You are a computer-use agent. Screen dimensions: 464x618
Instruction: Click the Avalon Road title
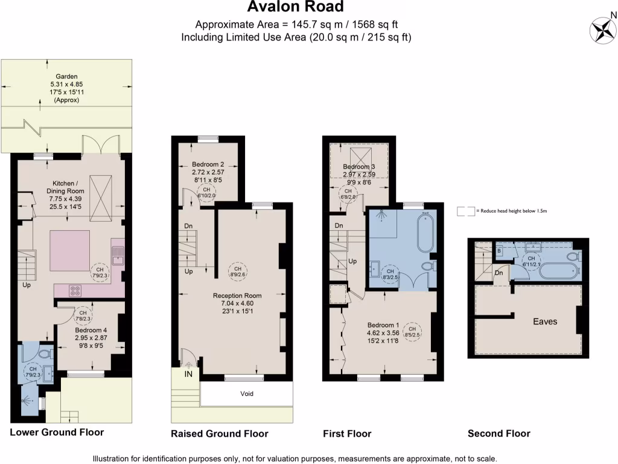(x=296, y=7)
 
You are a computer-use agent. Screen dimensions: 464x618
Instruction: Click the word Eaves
(x=545, y=321)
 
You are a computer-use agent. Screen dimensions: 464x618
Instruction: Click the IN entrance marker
(x=188, y=375)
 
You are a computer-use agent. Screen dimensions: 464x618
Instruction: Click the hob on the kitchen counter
(x=77, y=290)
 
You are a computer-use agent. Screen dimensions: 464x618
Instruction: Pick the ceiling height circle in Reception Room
(x=237, y=271)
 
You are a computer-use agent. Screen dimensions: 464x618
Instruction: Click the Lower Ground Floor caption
(x=57, y=433)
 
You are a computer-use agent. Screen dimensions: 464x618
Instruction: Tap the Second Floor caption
(x=499, y=433)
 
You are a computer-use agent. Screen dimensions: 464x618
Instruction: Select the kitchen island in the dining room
(x=69, y=251)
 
